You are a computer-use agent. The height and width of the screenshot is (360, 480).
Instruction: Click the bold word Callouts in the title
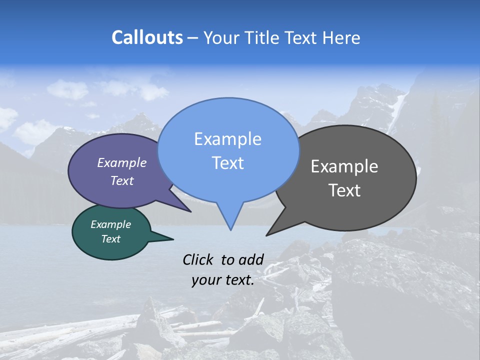pos(147,37)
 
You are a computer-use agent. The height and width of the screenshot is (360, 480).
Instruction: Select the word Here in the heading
pos(342,37)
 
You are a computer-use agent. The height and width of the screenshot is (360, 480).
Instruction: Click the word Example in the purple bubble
pos(122,162)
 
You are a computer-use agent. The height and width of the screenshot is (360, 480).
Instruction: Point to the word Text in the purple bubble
pos(122,180)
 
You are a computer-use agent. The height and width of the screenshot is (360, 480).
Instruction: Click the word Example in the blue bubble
pos(227,139)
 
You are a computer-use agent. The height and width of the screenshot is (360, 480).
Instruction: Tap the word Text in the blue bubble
pos(227,163)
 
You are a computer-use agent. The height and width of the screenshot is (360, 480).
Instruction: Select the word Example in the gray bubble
pos(344,166)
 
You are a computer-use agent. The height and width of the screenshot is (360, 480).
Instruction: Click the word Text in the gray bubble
pos(344,190)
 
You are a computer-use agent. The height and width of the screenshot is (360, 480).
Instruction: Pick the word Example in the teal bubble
pos(110,224)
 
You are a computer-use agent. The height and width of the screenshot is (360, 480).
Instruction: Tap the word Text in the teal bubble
pos(110,239)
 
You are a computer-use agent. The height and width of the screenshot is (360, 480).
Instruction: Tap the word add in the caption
pos(251,259)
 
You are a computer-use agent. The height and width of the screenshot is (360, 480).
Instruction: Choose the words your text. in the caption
pos(223,280)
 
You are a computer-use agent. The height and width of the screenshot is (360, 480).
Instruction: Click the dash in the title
pos(193,38)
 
